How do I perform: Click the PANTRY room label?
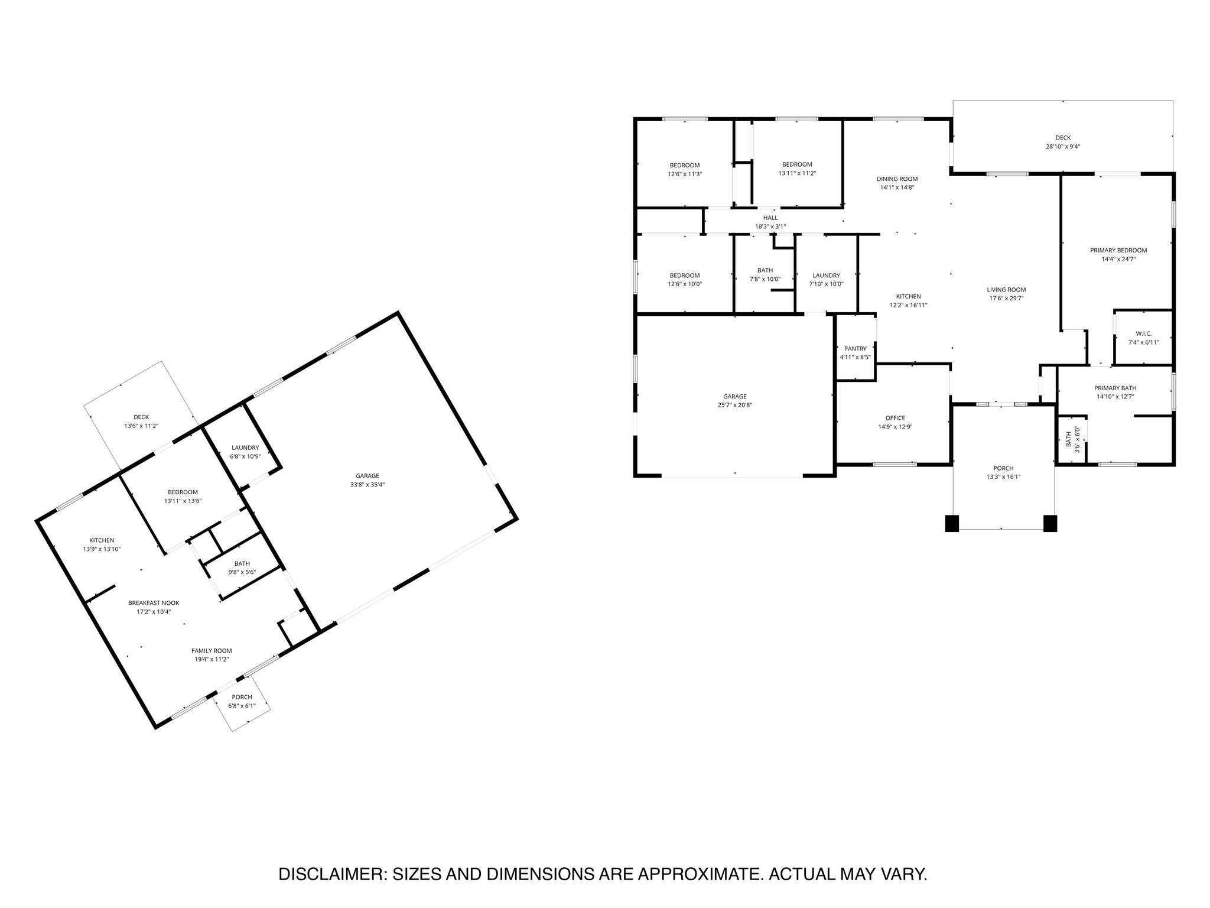coord(855,349)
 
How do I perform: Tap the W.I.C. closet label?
coord(1143,333)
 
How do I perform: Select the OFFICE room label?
coord(895,418)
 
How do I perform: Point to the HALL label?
coord(770,218)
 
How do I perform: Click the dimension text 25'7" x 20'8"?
coord(735,405)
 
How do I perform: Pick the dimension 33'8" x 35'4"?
coord(367,484)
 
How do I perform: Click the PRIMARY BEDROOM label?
coord(1118,250)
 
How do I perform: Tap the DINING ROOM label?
coord(897,179)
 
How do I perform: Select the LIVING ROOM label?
coord(1006,290)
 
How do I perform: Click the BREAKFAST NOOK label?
coord(154,603)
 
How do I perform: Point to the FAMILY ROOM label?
coord(212,650)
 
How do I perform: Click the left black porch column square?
coord(952,524)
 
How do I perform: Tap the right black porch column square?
coord(1050,524)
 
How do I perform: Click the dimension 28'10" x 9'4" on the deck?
coord(1063,146)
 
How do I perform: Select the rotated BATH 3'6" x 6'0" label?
coord(1072,440)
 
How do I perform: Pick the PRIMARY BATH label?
coord(1115,388)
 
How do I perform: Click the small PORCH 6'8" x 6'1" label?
coord(242,701)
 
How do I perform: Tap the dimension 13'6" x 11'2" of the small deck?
coord(141,426)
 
